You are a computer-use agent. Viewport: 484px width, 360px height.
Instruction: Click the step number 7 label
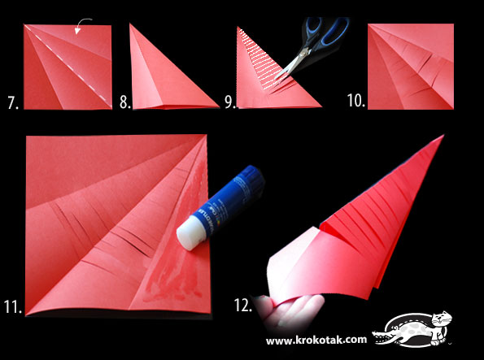point(13,102)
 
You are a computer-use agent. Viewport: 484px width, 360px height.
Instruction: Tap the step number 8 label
point(125,102)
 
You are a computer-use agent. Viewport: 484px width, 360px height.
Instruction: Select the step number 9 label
point(230,102)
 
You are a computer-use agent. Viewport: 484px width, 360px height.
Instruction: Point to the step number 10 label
point(356,101)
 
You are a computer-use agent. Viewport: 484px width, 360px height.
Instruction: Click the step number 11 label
point(13,306)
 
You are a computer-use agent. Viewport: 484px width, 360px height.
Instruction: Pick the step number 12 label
point(243,305)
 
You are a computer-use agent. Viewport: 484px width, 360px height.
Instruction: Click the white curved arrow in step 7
point(81,25)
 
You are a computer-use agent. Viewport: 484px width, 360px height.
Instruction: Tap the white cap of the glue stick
point(190,233)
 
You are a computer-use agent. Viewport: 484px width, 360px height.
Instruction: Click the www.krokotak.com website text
point(316,340)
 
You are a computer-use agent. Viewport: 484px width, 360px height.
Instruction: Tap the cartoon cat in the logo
point(441,327)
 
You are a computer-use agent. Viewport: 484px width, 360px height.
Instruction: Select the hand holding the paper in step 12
point(289,311)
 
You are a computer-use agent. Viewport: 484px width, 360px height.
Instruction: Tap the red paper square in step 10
point(411,67)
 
